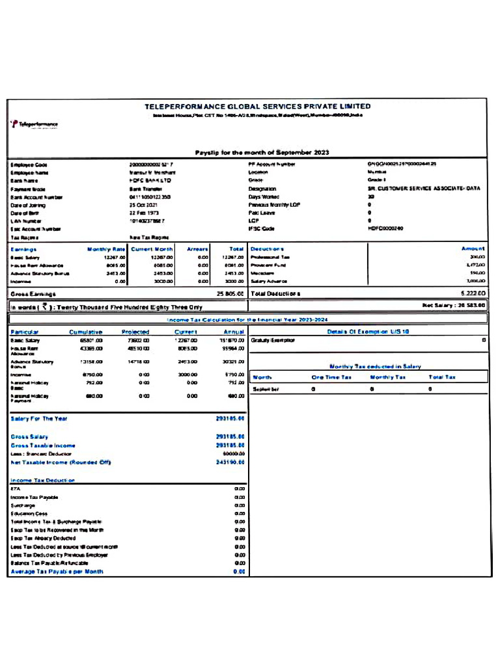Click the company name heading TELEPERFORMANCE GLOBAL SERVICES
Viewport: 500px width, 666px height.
coord(257,106)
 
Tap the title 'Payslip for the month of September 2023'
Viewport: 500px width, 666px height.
coord(262,153)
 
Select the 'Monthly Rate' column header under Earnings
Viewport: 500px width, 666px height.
coord(106,249)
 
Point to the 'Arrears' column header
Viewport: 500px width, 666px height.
coord(197,249)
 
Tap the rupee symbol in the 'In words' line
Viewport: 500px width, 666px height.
coord(44,307)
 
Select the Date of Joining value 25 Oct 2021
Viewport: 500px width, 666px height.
coord(144,205)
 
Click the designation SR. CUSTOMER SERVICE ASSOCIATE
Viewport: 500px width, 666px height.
coord(423,189)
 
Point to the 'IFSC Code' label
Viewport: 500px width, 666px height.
coord(261,229)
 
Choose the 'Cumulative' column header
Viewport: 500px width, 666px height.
coord(86,332)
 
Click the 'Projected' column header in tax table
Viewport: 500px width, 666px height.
coord(135,332)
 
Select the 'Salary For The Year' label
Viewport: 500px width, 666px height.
coord(39,419)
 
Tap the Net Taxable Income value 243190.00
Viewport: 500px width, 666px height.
coord(230,462)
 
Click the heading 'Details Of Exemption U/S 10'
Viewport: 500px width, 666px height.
coord(368,332)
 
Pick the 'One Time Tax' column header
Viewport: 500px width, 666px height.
coord(331,377)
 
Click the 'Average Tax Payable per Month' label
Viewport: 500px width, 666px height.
coord(57,572)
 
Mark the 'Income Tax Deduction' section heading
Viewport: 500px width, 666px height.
coord(43,481)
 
